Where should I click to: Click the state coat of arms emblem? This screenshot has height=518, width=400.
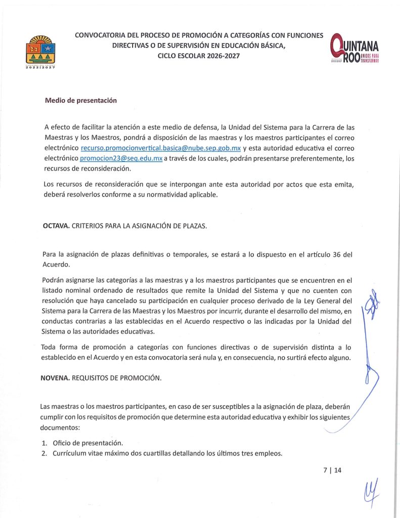pyautogui.click(x=38, y=50)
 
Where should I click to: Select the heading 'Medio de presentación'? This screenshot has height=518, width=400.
pyautogui.click(x=81, y=100)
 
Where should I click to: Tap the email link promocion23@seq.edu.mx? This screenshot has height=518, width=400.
pyautogui.click(x=121, y=158)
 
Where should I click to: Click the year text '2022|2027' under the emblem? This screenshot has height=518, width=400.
pyautogui.click(x=38, y=67)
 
